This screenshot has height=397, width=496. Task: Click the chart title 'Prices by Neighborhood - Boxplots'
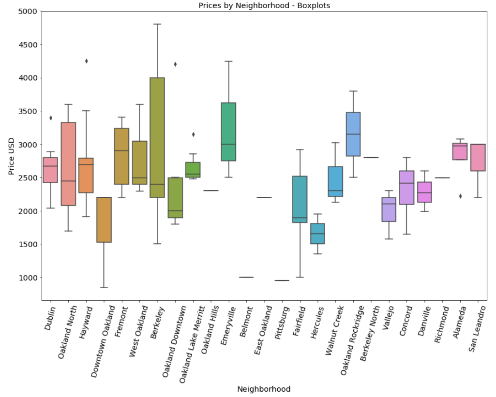(x=264, y=5)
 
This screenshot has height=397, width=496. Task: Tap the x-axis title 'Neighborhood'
(x=264, y=389)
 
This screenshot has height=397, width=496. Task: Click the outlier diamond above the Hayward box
(x=86, y=61)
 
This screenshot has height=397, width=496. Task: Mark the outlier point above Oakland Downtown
(x=175, y=64)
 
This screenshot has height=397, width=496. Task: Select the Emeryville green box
(x=228, y=132)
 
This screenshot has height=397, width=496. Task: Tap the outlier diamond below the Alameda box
(x=460, y=196)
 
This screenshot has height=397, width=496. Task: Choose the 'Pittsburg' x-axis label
(x=282, y=322)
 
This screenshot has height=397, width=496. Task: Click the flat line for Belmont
(x=246, y=277)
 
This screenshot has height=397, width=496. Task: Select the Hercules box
(x=317, y=234)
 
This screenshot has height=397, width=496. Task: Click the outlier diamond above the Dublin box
(x=50, y=118)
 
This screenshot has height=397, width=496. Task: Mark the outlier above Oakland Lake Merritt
(x=193, y=134)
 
